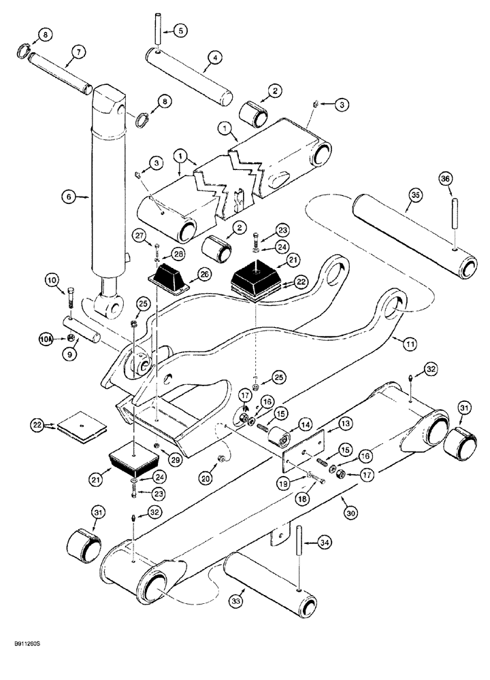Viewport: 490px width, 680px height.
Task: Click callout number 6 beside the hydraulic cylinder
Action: (x=68, y=197)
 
